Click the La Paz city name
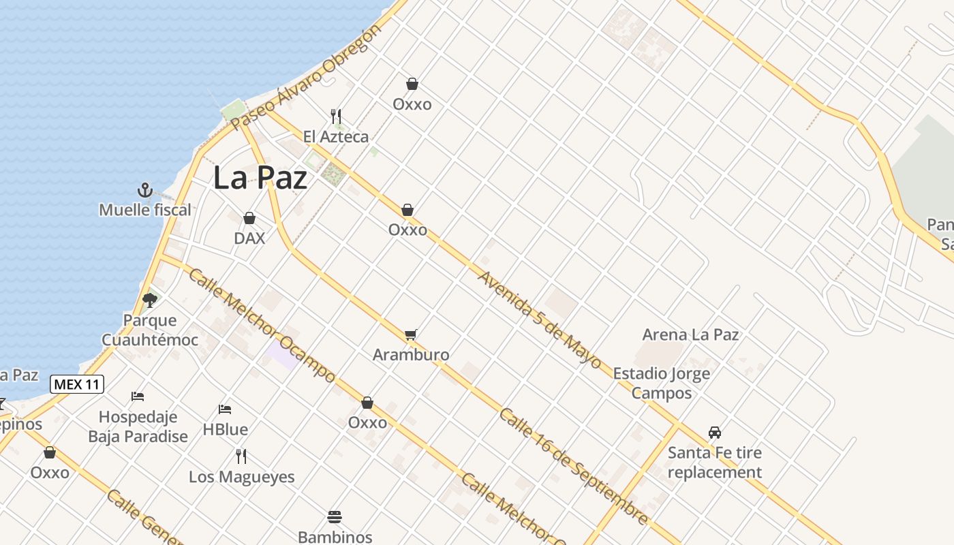coord(260,178)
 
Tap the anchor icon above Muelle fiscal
coord(144,189)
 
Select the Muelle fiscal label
coord(145,210)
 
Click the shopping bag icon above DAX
coord(249,218)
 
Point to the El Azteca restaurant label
coord(336,136)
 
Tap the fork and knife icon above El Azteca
coord(336,116)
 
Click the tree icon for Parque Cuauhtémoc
coord(150,300)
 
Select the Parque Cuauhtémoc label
coord(150,330)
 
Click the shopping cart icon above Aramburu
coord(410,334)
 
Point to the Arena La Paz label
coord(690,334)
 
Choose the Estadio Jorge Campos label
coord(661,383)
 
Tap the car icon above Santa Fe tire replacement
coord(715,432)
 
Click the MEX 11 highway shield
coord(77,384)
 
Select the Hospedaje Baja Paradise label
coord(138,426)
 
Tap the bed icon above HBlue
coord(225,409)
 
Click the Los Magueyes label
coord(242,476)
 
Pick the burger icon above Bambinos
coord(335,516)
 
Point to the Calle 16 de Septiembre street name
coord(573,466)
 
